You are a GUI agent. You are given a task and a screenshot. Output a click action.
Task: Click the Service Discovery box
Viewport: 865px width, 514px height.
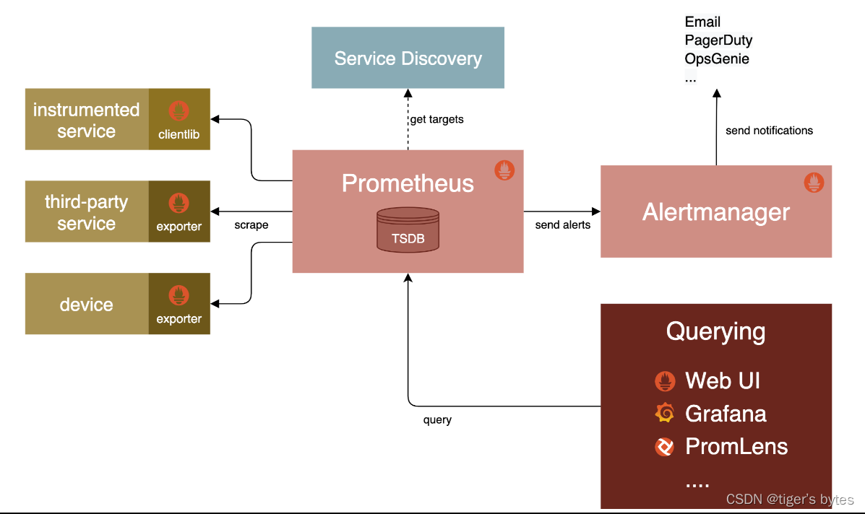[408, 58]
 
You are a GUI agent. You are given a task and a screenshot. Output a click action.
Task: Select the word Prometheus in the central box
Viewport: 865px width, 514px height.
[408, 183]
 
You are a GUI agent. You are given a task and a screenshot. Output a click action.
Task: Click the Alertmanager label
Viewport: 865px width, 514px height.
[715, 212]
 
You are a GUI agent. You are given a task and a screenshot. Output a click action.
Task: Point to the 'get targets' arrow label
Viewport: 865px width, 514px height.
[436, 119]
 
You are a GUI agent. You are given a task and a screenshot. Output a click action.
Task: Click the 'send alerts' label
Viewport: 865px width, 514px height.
[562, 225]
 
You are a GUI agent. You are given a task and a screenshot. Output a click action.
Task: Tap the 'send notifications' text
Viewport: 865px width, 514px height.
[769, 131]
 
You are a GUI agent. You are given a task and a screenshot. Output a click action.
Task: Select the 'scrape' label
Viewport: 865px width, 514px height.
[251, 225]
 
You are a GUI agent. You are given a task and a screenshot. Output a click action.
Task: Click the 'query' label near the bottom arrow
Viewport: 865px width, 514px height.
[437, 420]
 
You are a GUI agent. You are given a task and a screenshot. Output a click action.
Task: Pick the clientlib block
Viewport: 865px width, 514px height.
[179, 119]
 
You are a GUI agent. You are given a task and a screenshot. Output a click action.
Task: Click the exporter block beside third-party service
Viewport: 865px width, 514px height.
[179, 212]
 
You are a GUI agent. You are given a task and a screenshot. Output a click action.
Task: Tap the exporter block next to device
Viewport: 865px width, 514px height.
[179, 304]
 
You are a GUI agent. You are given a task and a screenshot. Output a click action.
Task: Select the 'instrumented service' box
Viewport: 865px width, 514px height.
[87, 120]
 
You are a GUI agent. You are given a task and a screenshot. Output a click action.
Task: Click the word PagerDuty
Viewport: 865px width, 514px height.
[718, 40]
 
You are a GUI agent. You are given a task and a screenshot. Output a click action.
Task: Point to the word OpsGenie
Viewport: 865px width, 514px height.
[717, 59]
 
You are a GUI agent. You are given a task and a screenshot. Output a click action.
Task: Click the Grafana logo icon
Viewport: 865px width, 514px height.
[664, 413]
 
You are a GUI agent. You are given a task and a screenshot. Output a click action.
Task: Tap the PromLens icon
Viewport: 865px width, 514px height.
[664, 447]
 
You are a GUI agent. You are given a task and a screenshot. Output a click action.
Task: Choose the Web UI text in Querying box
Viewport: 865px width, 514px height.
[722, 380]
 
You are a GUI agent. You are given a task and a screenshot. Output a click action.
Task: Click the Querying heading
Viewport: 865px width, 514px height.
[715, 332]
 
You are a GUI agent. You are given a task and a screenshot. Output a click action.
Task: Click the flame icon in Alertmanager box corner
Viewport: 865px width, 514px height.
[814, 183]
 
